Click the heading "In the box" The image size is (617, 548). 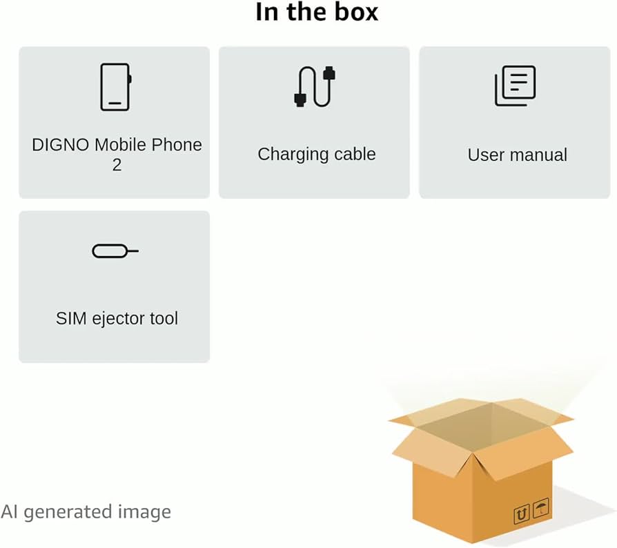(x=317, y=12)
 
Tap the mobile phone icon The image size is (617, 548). (x=115, y=87)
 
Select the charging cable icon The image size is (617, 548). (x=315, y=86)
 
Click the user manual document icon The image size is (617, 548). (x=515, y=86)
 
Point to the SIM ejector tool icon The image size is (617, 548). (x=115, y=251)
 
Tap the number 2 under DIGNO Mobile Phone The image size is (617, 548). (x=117, y=165)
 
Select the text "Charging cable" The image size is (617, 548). (x=317, y=154)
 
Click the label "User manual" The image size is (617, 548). (x=517, y=155)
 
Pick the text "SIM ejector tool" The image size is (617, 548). (x=117, y=319)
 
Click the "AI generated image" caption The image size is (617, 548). (x=86, y=512)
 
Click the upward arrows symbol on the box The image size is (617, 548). (x=522, y=514)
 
